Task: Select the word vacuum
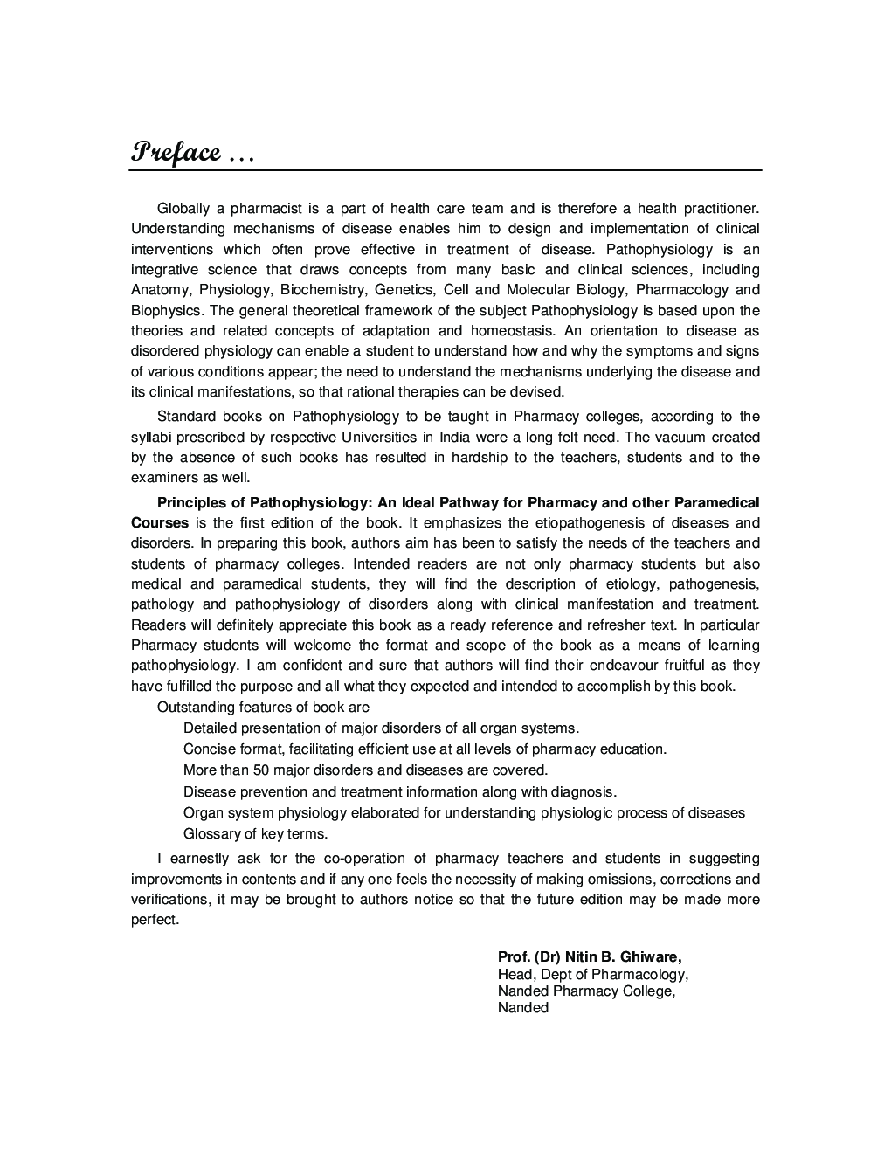click(x=679, y=437)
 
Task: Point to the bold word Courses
click(x=160, y=523)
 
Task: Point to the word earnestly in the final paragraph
click(x=200, y=860)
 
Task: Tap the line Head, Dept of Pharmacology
click(x=592, y=974)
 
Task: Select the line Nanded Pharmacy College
click(x=586, y=991)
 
